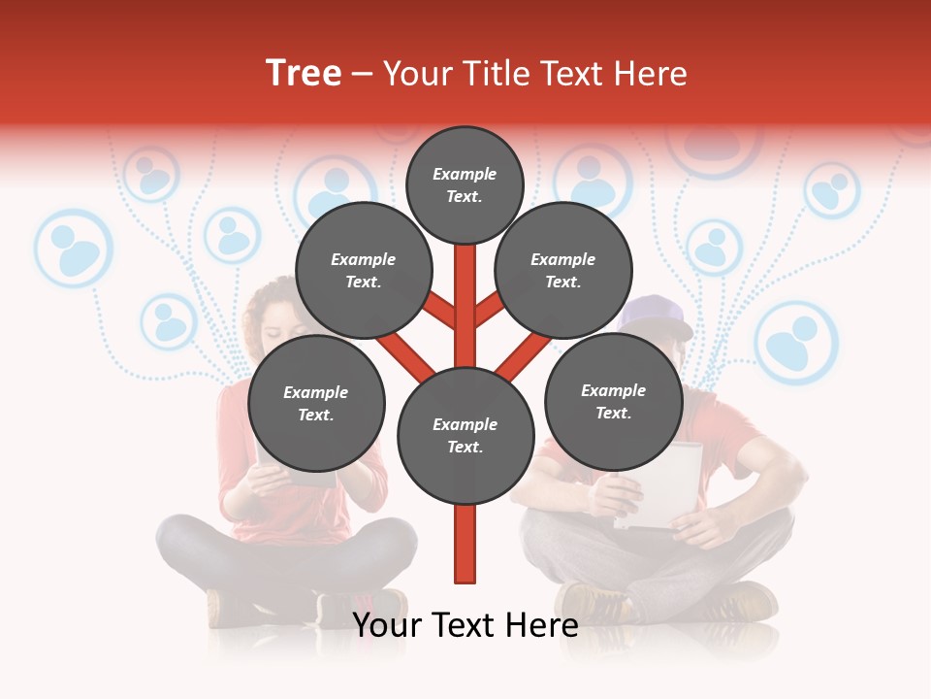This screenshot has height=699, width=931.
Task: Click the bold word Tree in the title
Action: coord(304,74)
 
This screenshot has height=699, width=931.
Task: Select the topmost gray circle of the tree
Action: coord(465,184)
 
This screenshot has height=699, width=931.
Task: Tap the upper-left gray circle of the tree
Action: coord(363,271)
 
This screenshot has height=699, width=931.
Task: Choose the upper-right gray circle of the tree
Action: coord(563,271)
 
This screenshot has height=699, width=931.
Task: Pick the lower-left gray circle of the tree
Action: coord(316,404)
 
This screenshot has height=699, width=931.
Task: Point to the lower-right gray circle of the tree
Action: coord(614,402)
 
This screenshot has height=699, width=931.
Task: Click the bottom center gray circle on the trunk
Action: coord(465,436)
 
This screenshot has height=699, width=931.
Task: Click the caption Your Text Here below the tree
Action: coord(465,626)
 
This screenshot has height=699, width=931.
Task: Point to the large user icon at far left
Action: coord(74,248)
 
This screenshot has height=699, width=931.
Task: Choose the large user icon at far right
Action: coord(796,342)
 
